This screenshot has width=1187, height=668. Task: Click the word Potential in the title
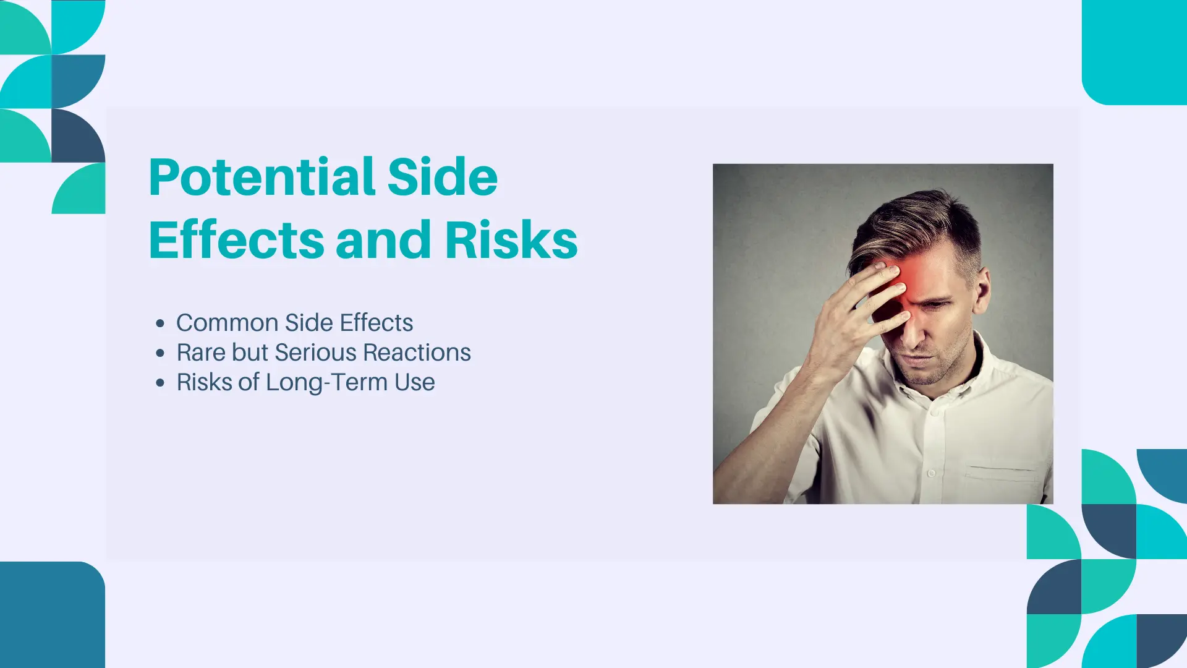coord(262,178)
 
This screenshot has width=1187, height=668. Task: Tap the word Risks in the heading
coord(511,240)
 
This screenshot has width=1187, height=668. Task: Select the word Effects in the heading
coord(237,240)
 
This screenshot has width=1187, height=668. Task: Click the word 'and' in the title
coord(383,240)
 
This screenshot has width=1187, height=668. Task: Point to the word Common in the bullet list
coord(228,323)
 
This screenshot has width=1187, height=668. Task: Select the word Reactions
coord(417,353)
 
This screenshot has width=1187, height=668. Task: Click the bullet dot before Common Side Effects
coord(161,323)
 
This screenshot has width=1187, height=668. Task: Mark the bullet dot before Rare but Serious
coord(161,353)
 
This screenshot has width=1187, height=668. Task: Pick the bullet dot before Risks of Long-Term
coord(161,383)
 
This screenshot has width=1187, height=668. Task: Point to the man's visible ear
coord(982,289)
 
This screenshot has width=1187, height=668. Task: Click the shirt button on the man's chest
coord(931,473)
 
